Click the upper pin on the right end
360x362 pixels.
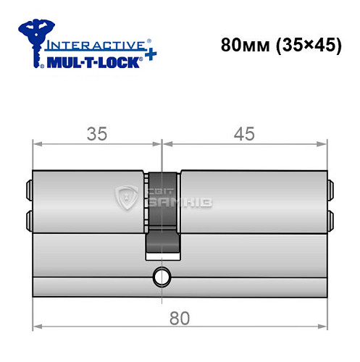[x=330, y=190]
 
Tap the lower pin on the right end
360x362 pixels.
[x=330, y=218]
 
